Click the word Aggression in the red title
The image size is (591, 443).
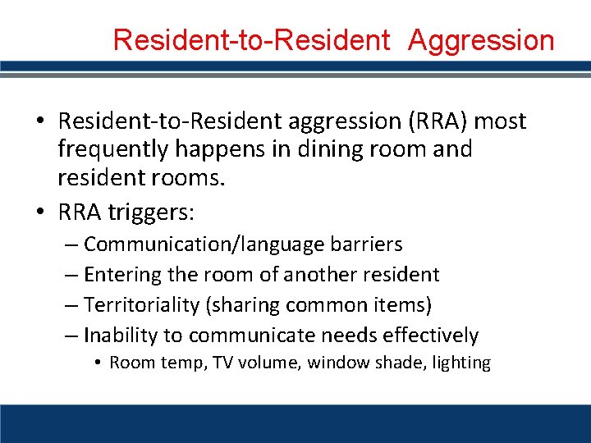481,39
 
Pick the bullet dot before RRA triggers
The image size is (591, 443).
42,213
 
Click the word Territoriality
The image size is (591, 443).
142,305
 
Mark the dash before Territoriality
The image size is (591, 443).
71,305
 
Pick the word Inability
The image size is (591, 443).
122,336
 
